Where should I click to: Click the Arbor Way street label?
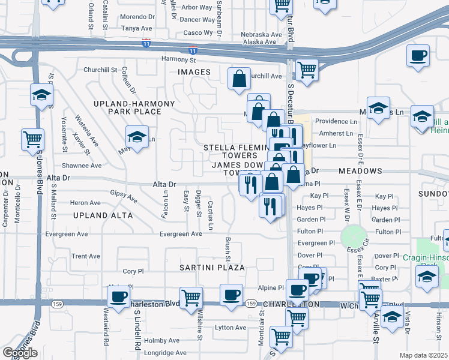coord(197,7)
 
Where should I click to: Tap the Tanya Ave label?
coord(136,28)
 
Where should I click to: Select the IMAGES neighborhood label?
coord(194,72)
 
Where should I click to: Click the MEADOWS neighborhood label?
coord(360,171)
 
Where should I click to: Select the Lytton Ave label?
coord(231,328)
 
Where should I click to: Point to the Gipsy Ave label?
coord(124,196)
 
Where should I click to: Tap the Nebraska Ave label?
coord(261,34)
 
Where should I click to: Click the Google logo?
coord(20,353)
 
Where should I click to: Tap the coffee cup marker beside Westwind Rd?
coord(119,295)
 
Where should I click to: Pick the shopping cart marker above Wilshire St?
coord(191,296)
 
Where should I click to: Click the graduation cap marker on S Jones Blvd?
coord(42,94)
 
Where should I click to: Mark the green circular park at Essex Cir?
coord(354,238)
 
